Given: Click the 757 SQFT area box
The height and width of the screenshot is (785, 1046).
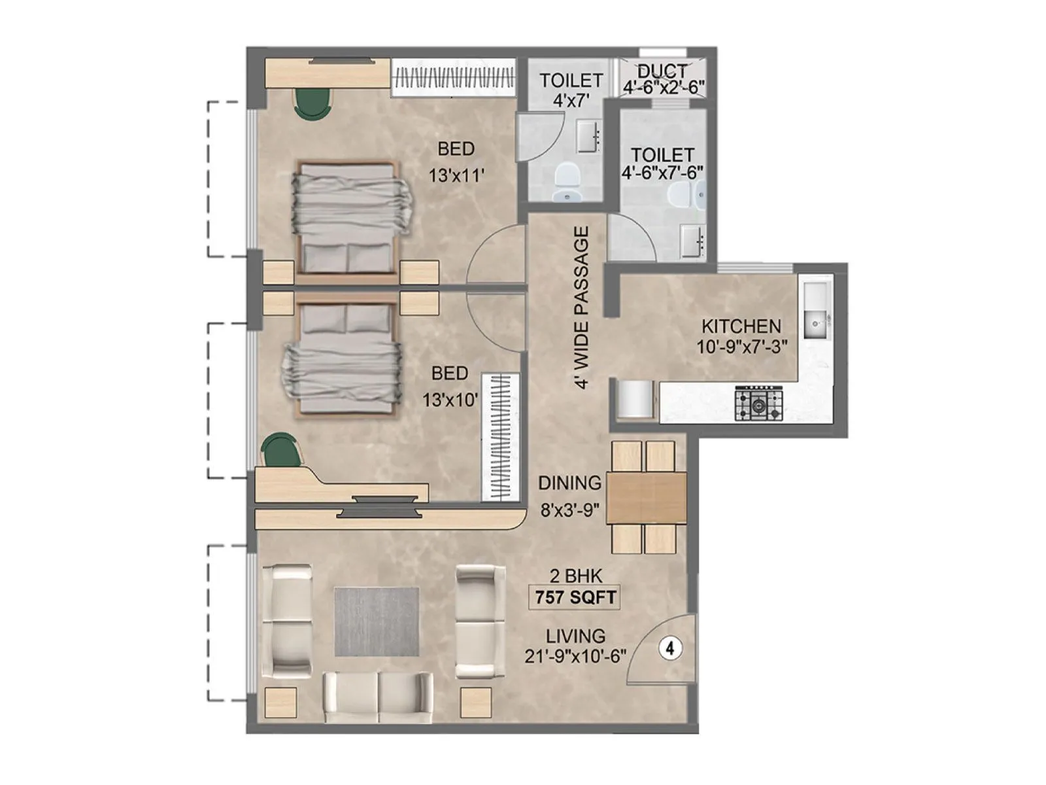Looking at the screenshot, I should click(x=573, y=597).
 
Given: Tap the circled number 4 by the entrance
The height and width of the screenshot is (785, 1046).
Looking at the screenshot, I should click(x=669, y=648).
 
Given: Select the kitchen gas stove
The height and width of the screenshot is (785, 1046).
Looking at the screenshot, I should click(x=758, y=403).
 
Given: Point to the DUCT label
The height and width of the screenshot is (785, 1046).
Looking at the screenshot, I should click(x=663, y=71).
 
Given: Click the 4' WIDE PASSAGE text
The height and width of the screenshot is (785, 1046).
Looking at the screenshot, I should click(x=581, y=307).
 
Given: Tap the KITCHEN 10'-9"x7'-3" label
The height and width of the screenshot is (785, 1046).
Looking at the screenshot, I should click(x=741, y=336).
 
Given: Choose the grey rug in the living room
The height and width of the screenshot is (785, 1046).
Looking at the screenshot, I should click(x=377, y=621).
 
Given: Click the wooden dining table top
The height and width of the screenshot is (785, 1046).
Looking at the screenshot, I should click(x=646, y=497).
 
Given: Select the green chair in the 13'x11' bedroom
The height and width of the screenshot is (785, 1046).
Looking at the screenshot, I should click(x=312, y=103).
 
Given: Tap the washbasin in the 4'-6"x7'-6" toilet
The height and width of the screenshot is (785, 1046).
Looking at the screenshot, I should click(x=692, y=240).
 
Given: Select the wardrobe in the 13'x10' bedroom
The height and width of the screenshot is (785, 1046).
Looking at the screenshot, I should click(x=500, y=437).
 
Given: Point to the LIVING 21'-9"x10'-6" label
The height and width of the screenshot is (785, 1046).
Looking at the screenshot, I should click(x=575, y=646).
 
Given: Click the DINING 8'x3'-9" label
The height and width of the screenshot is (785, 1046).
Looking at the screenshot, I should click(x=569, y=496).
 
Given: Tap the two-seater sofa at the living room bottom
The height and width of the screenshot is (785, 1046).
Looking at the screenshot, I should click(x=378, y=697).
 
